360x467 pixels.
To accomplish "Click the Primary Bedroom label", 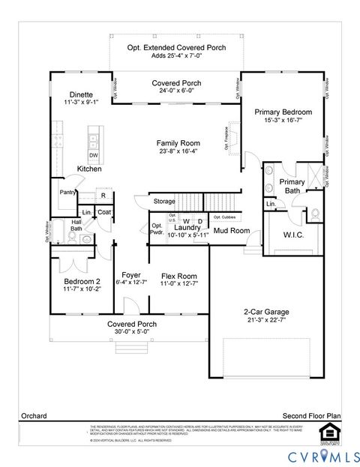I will pos(283,112).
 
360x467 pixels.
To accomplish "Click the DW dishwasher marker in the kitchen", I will pos(94,155).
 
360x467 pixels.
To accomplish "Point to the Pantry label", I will pos(68,193).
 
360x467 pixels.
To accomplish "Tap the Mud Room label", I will pos(231,231).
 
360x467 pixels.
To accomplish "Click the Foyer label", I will pos(131,275).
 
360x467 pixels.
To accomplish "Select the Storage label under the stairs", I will pos(164,201).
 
